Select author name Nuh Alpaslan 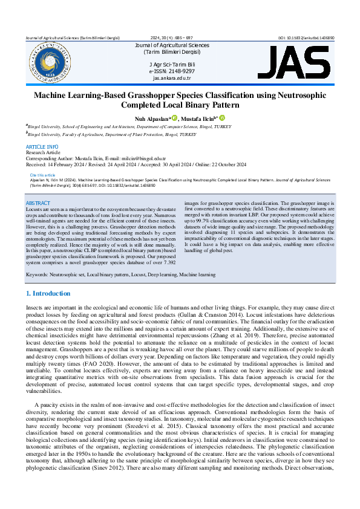150,119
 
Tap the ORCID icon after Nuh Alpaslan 174,118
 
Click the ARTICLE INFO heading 42,148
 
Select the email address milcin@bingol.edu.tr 134,158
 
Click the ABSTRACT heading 38,203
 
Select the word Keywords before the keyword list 36,274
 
